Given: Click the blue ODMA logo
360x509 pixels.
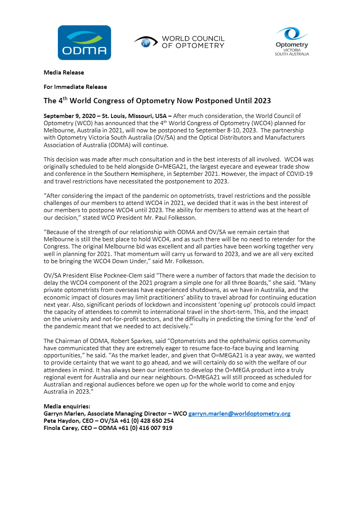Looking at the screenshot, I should pyautogui.click(x=84, y=43).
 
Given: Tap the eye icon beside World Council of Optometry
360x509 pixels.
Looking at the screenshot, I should pyautogui.click(x=146, y=42).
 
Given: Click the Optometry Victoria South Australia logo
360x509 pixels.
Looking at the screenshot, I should pyautogui.click(x=292, y=42).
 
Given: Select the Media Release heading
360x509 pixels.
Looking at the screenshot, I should pyautogui.click(x=64, y=73).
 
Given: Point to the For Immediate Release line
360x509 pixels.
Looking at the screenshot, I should pyautogui.click(x=75, y=87).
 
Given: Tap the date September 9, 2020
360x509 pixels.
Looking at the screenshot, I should pyautogui.click(x=70, y=116).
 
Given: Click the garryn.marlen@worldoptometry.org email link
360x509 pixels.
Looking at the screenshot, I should pyautogui.click(x=239, y=414).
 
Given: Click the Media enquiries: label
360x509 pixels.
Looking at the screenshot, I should pyautogui.click(x=67, y=407).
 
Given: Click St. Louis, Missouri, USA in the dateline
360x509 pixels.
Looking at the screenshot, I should pyautogui.click(x=134, y=116).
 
